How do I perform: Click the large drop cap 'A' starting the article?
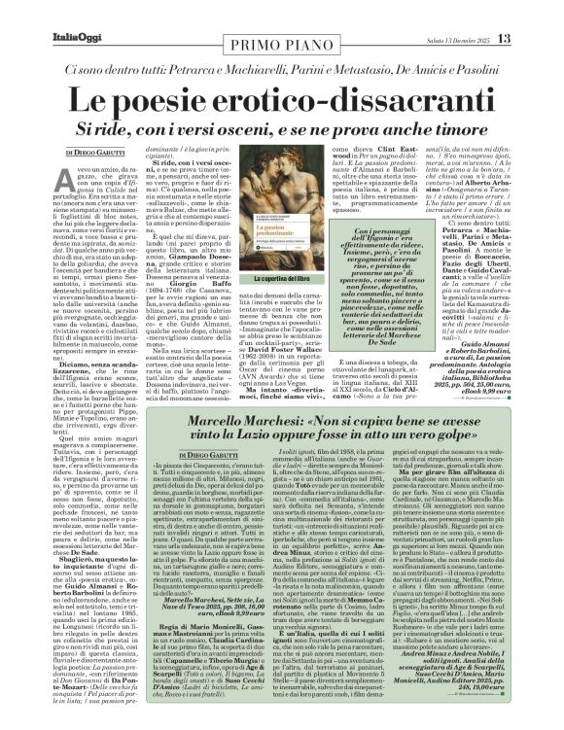[73, 175]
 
